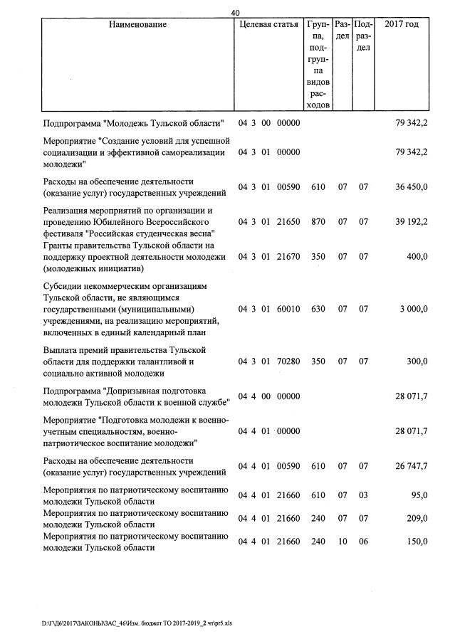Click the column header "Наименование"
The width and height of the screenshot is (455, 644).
click(137, 25)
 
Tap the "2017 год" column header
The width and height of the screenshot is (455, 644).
click(402, 25)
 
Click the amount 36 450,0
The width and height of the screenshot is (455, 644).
click(412, 187)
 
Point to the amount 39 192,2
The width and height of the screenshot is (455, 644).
click(412, 222)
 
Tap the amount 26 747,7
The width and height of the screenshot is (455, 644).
click(412, 466)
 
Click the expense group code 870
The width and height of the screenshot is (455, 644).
click(318, 222)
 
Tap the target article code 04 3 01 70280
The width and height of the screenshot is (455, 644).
click(269, 361)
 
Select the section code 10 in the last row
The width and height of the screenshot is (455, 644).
click(342, 542)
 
